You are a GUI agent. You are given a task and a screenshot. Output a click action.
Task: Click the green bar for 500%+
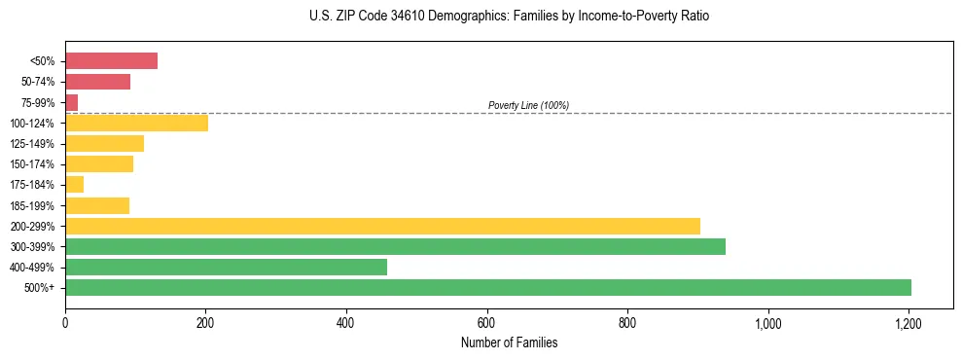pos(487,287)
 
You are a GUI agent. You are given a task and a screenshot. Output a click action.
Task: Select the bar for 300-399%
pos(395,246)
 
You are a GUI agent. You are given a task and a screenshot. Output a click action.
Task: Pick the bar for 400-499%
pos(226,267)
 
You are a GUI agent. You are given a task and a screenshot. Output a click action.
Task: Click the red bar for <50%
pos(111,61)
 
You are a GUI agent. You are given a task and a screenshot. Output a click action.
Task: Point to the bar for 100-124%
pos(136,123)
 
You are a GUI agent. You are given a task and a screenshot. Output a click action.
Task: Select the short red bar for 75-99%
pos(71,102)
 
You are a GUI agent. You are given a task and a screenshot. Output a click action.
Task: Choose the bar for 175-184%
pos(74,184)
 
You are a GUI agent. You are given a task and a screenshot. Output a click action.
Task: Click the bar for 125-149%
pos(104,143)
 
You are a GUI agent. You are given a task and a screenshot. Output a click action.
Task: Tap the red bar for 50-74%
pos(97,82)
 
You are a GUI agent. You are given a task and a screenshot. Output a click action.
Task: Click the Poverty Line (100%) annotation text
pos(528,105)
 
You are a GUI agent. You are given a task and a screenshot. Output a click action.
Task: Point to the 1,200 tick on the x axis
pos(909,322)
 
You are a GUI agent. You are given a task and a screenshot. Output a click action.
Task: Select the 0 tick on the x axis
pos(65,322)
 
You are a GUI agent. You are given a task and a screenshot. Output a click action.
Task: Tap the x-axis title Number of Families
pos(509,342)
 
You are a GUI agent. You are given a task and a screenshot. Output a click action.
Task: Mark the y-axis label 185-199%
pos(32,205)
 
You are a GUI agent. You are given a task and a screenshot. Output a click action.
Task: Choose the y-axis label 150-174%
pos(32,164)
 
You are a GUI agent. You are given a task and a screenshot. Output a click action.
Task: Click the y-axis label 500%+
pos(41,288)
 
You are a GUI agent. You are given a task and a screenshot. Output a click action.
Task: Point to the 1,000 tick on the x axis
pos(768,322)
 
